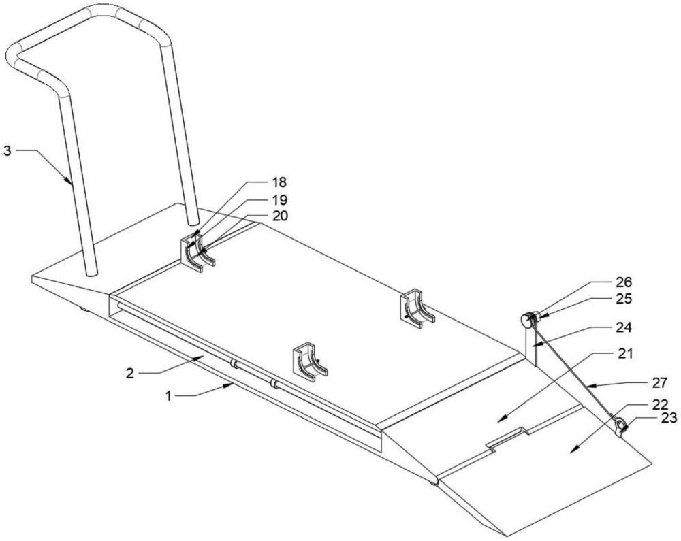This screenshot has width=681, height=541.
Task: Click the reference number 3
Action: pos(7,150)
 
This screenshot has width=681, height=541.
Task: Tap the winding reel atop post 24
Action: pos(530,318)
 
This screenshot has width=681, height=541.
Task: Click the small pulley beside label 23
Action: pos(621,427)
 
